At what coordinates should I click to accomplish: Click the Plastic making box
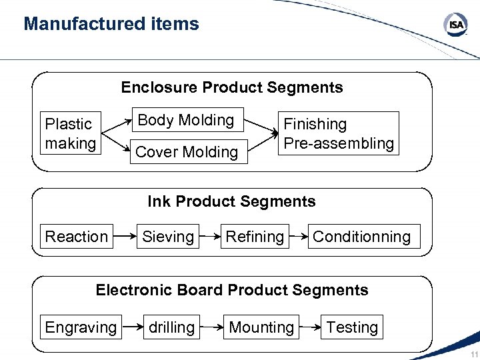[70, 133]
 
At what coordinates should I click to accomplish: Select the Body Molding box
[186, 121]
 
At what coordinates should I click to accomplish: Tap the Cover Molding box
[187, 152]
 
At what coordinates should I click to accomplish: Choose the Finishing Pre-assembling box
[339, 133]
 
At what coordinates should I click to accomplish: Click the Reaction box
[76, 237]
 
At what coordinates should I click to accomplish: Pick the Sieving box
[168, 237]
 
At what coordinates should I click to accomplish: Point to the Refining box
[255, 237]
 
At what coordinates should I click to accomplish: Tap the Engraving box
[81, 327]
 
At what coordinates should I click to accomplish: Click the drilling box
[171, 327]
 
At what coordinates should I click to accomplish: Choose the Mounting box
[261, 327]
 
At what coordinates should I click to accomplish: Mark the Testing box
[352, 327]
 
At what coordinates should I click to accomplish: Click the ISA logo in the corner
[455, 26]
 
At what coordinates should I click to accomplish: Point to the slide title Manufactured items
[111, 24]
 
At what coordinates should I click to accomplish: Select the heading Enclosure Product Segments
[232, 87]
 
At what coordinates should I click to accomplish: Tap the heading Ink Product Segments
[232, 201]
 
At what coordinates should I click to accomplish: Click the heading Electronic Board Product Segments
[232, 290]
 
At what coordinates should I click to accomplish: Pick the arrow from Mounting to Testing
[309, 327]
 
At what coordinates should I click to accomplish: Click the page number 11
[473, 353]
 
